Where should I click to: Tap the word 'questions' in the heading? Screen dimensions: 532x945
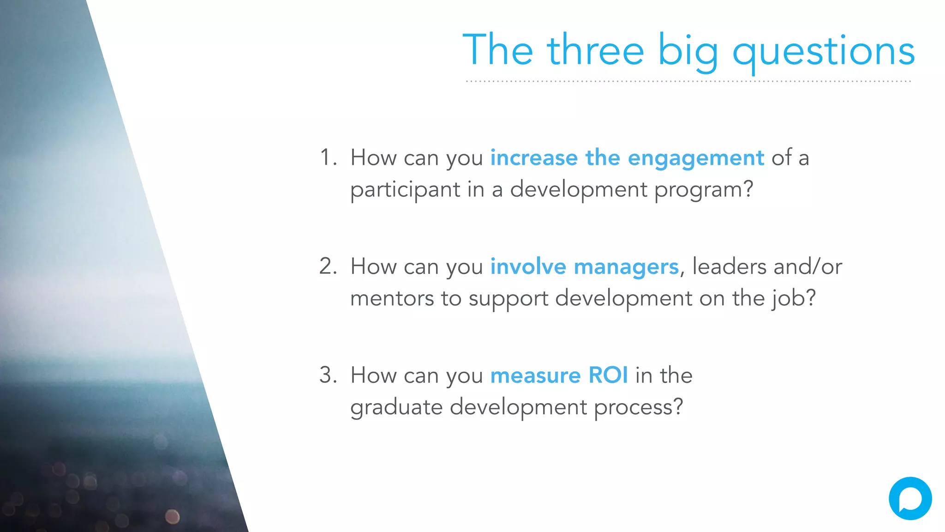tap(824, 52)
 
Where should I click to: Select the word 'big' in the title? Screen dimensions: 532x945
tap(688, 52)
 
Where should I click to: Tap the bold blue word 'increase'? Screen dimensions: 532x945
tap(534, 158)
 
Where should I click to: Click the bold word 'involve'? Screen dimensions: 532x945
tap(528, 267)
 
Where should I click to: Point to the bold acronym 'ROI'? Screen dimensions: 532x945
tap(608, 375)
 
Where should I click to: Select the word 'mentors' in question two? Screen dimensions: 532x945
tap(392, 299)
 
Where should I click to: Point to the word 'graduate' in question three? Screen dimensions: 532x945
tap(396, 408)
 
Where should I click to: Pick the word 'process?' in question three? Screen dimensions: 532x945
tap(638, 408)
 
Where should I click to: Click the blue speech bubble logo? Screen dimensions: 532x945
tap(910, 499)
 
